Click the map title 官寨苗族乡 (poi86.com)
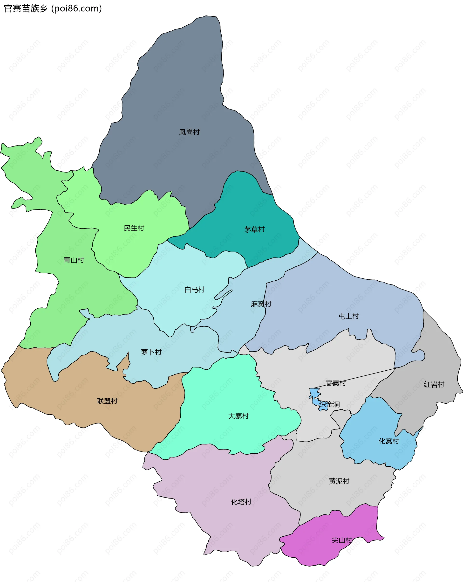pos(53,9)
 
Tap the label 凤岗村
pos(189,132)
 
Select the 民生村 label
pos(134,228)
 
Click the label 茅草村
pos(254,229)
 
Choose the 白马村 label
pos(195,290)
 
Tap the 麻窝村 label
pos(261,304)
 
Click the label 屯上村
pos(349,316)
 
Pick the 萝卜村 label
pos(151,352)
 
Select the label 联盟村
pos(107,401)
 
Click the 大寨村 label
pos(238,416)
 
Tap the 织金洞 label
pos(329,404)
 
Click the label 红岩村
pos(434,384)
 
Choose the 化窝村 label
pos(388,441)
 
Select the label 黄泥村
pos(339,481)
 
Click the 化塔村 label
pos(241,502)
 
